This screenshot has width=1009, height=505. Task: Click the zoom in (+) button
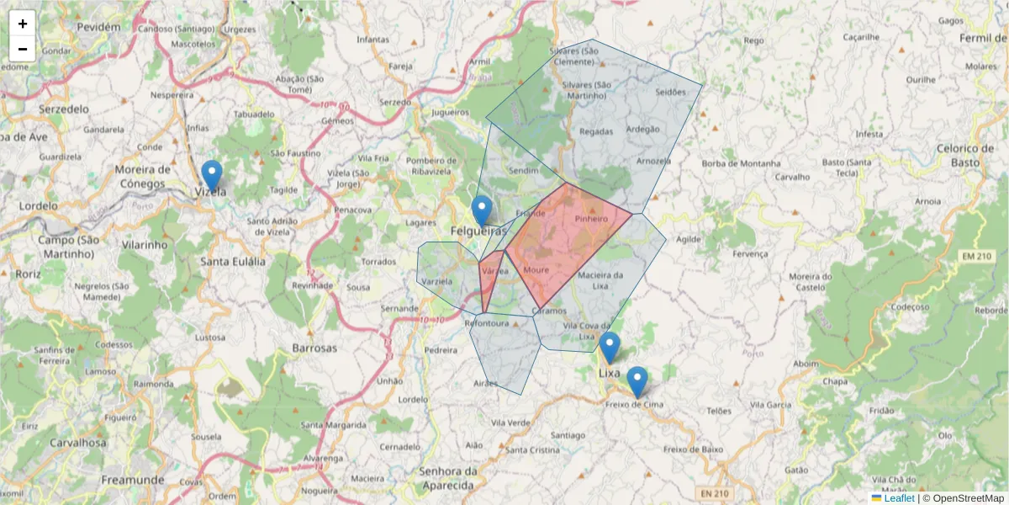click(23, 24)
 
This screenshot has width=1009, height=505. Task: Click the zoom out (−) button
click(23, 49)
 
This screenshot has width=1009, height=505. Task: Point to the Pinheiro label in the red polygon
click(591, 219)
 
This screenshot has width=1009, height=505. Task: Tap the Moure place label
click(536, 270)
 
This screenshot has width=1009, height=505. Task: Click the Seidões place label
click(671, 92)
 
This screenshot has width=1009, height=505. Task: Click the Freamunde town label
click(132, 479)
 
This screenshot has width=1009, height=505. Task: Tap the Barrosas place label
click(314, 348)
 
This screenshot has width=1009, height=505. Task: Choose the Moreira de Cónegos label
click(143, 177)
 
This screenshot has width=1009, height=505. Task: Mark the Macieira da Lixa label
click(600, 281)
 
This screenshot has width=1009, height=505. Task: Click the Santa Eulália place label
click(233, 261)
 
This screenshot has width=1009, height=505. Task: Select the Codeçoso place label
click(908, 307)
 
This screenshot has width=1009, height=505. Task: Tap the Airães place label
click(486, 383)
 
